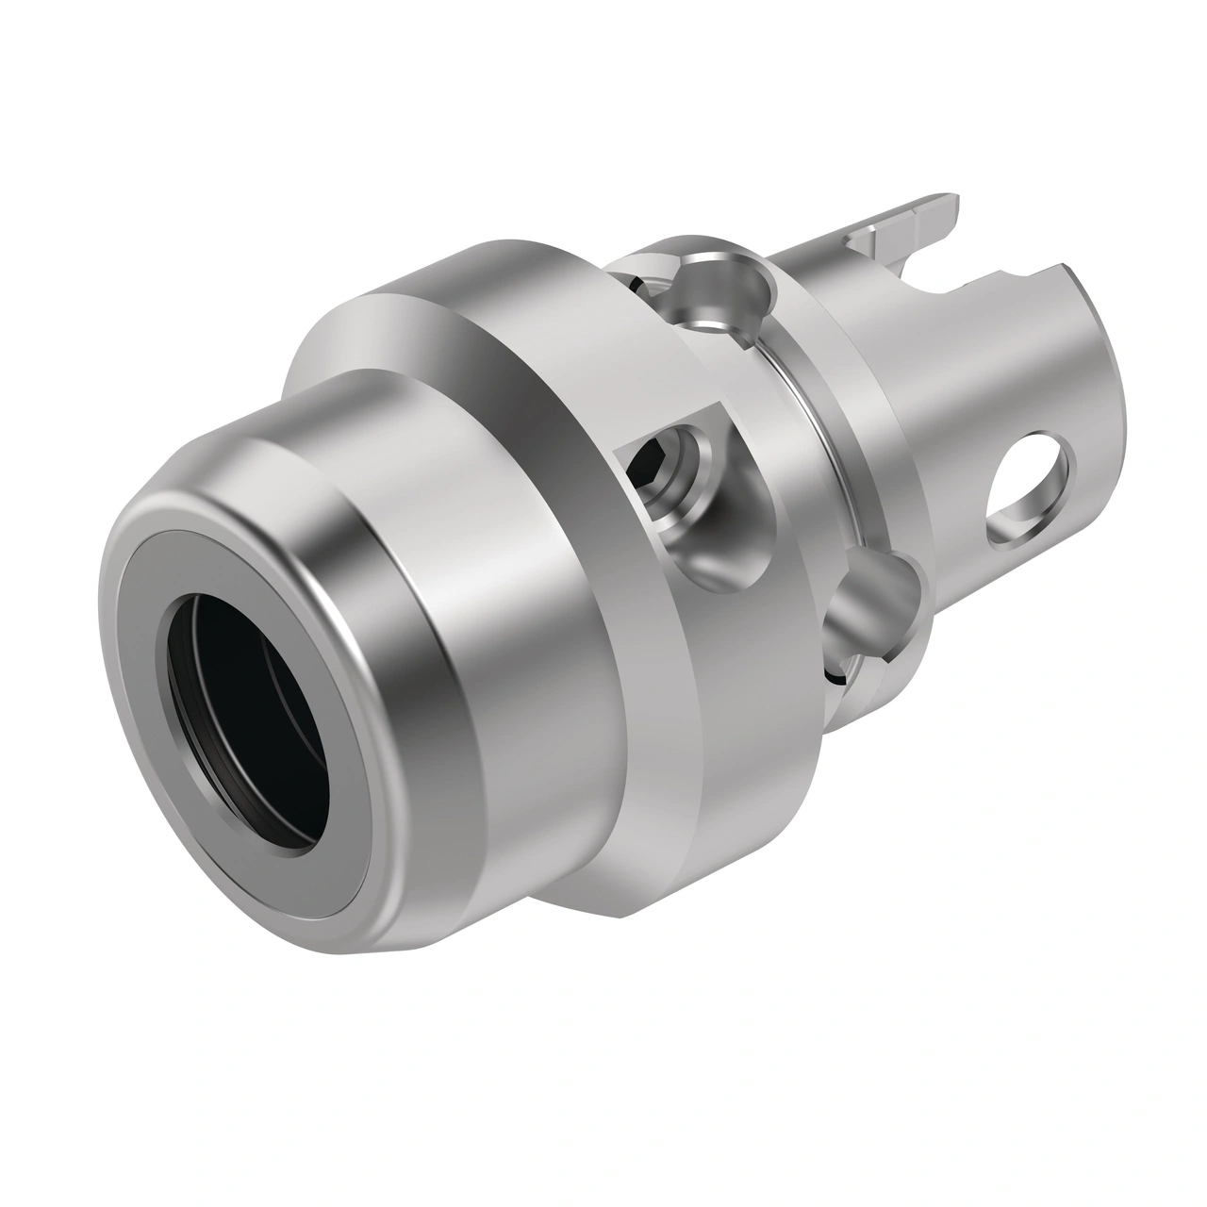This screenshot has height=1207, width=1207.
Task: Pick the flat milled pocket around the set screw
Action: click(x=693, y=443)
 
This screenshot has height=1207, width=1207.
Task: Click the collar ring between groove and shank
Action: click(x=853, y=396)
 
